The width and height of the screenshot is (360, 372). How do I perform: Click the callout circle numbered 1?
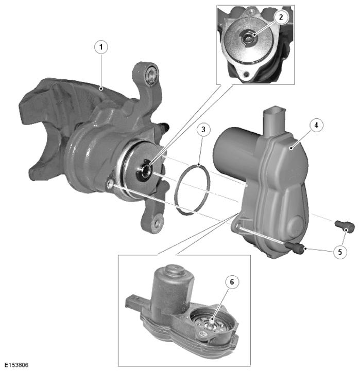click(101, 47)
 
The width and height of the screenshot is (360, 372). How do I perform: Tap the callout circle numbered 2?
click(281, 17)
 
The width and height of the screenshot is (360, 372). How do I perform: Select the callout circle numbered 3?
click(203, 130)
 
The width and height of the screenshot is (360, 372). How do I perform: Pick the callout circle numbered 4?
click(316, 125)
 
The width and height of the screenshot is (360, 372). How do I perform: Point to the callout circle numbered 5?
click(340, 252)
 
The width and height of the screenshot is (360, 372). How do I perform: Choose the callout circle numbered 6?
click(232, 282)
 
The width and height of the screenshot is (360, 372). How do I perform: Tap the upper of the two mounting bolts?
click(345, 226)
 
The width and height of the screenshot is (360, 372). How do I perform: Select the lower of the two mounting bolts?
click(295, 249)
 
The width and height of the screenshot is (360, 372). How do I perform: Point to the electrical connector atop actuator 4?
click(274, 121)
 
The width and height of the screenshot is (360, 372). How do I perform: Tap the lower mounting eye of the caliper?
click(157, 222)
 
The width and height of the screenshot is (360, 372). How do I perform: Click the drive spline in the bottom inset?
click(211, 323)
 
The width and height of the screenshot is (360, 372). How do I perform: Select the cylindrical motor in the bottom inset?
click(172, 290)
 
